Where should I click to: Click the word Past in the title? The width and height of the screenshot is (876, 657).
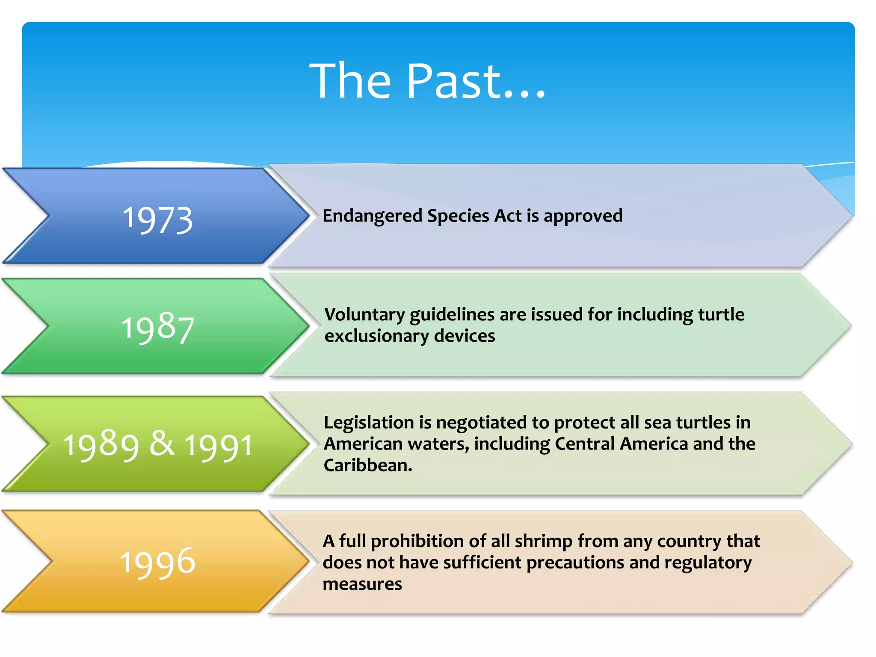(x=453, y=81)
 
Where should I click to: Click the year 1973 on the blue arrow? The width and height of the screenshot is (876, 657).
(x=158, y=220)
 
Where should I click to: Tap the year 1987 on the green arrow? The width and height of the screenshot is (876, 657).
(x=158, y=328)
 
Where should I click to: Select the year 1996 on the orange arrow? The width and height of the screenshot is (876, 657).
(x=158, y=562)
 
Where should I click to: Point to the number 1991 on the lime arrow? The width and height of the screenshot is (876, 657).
(x=219, y=446)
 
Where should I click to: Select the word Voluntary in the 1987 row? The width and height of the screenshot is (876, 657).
(x=364, y=315)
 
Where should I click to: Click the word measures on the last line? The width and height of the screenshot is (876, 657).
(x=362, y=584)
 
